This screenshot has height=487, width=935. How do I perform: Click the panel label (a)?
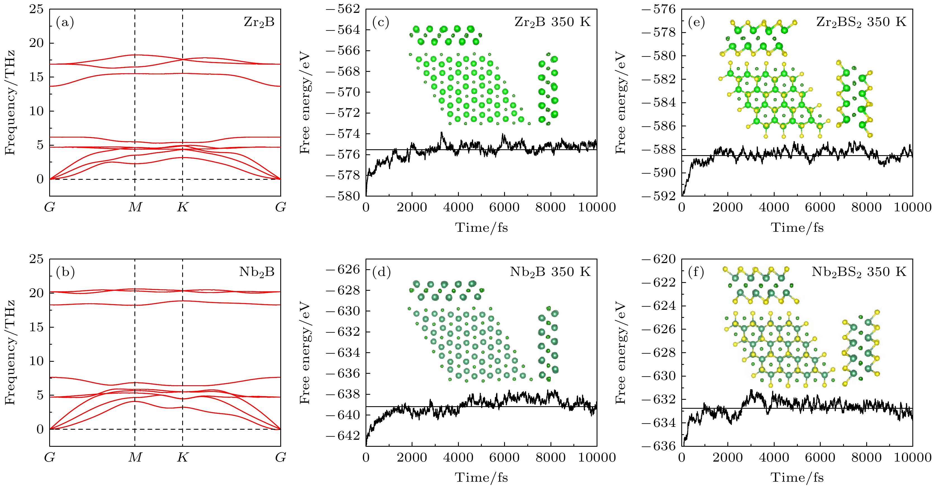[x=65, y=23]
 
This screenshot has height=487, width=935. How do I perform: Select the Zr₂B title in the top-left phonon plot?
[x=259, y=22]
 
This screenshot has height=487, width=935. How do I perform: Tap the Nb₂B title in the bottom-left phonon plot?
[x=257, y=272]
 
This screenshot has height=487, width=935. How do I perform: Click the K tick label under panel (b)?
[x=182, y=457]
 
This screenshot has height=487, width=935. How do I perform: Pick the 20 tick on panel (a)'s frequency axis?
[x=36, y=43]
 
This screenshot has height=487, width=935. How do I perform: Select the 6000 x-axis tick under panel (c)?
[x=504, y=207]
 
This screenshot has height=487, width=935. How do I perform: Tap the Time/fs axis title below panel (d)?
[x=481, y=477]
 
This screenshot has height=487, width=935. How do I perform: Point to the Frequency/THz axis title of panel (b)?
[x=10, y=352]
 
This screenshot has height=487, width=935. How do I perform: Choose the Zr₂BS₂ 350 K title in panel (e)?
[x=861, y=22]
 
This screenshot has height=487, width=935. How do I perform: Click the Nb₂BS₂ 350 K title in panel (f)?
[x=859, y=272]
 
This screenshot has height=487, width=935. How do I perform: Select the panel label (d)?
[x=381, y=272]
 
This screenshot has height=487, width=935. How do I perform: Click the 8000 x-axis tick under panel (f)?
[x=867, y=457]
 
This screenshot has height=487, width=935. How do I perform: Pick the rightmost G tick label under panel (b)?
[x=281, y=457]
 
